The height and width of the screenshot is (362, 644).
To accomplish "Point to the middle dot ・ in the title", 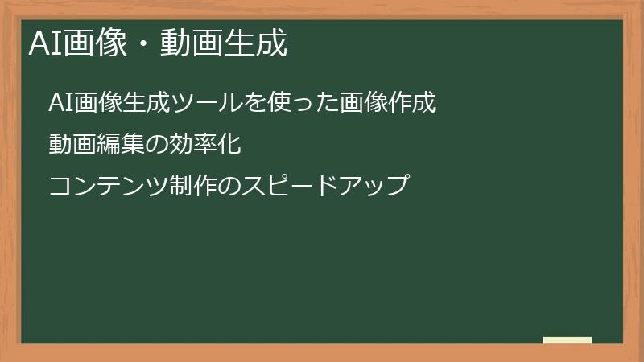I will [x=144, y=43].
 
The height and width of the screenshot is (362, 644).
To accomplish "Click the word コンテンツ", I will [x=109, y=186].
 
